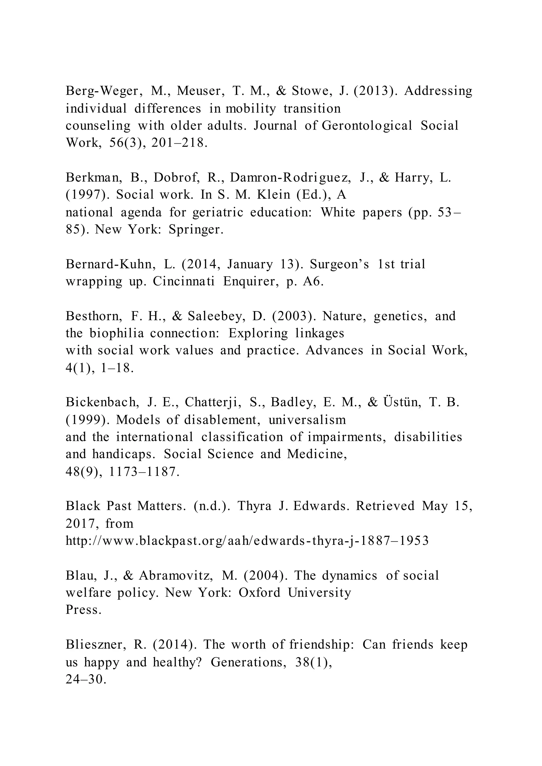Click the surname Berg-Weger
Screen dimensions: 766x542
[101, 91]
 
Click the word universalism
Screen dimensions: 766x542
[307, 420]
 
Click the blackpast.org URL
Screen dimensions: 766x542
[247, 541]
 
